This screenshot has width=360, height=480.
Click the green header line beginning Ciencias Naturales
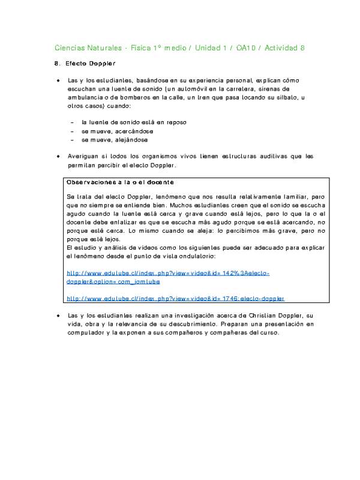click(179, 47)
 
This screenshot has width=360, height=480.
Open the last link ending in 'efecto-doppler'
click(175, 298)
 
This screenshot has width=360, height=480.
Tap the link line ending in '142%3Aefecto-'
click(168, 272)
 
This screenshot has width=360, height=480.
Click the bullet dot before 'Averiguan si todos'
click(58, 156)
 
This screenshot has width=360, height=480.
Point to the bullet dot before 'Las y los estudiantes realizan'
click(58, 316)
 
